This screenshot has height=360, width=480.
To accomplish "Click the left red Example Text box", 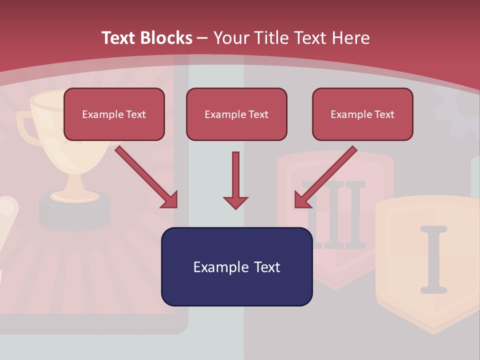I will [114, 114].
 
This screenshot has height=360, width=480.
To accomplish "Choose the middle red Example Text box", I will [236, 114].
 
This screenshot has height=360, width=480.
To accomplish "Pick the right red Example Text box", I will [362, 114].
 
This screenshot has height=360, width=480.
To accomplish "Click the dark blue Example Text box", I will [236, 266].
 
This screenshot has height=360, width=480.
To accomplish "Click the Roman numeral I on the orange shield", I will [433, 259].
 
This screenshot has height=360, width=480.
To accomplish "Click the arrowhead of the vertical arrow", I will [235, 202].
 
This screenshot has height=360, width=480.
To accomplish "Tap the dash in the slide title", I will [202, 38].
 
